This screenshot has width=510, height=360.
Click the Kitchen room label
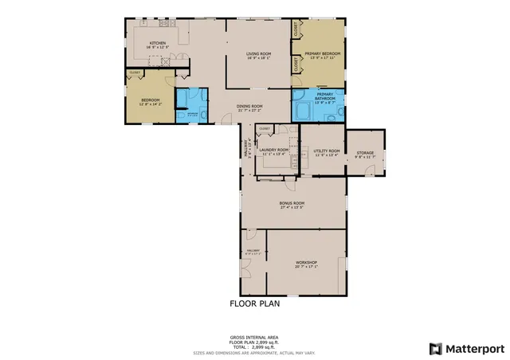pos(157,44)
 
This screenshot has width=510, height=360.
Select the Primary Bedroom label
pos(322,53)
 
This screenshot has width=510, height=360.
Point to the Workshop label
pos(307,263)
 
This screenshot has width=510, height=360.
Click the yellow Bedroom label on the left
pos(151,100)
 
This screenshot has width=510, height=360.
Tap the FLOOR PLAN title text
pos(254,303)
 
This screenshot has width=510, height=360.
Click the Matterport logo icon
pos(434,348)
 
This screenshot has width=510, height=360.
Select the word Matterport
pos(474,348)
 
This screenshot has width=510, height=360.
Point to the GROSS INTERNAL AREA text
pos(254,338)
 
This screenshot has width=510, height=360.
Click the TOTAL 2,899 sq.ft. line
pos(254,347)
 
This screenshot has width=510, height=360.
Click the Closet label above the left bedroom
pos(135,73)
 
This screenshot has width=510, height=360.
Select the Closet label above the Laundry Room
pos(265,128)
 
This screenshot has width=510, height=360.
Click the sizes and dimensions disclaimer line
pos(254,352)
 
